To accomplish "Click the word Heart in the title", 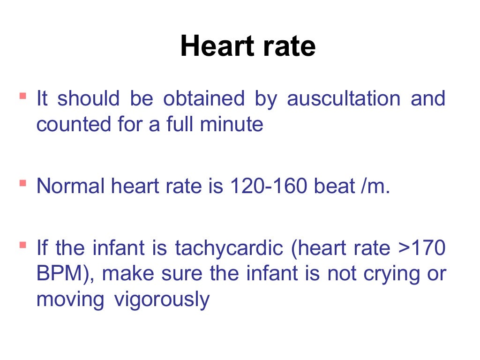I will [x=213, y=47].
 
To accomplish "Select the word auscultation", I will [x=344, y=99].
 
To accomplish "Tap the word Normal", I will [x=71, y=186].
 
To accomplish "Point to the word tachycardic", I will [x=229, y=248].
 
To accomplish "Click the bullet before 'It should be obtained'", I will [x=22, y=96].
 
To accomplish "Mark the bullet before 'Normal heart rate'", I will [x=22, y=183].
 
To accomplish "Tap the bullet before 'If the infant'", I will [x=22, y=245].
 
